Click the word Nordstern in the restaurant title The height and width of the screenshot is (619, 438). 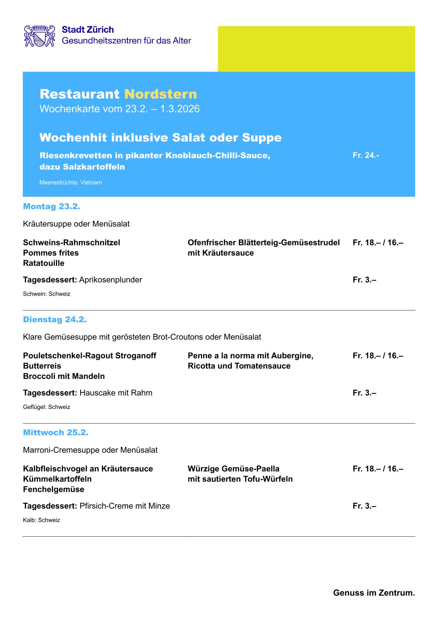160,94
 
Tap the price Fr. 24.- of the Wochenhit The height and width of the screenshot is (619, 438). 365,155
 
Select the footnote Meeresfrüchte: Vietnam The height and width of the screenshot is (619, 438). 71,182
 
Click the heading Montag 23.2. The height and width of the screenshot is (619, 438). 52,206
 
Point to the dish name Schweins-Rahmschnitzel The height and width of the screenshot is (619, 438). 71,242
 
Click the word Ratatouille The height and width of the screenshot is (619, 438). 43,263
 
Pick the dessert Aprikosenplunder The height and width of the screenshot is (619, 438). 110,280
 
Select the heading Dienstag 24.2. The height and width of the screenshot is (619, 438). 54,320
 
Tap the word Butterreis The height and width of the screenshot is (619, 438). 42,366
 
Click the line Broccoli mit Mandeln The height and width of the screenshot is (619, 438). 64,376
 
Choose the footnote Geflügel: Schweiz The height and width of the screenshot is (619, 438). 46,407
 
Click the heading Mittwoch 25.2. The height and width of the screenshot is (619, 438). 56,433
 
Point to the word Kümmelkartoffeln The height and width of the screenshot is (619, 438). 57,479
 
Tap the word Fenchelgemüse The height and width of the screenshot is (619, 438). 53,489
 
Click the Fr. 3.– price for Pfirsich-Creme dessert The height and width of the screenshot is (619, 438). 364,506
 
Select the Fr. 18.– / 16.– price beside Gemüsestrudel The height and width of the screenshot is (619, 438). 378,242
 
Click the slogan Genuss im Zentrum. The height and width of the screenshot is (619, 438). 374,593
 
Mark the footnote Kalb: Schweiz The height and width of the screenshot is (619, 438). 41,520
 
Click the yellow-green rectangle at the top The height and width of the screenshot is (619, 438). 316,49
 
